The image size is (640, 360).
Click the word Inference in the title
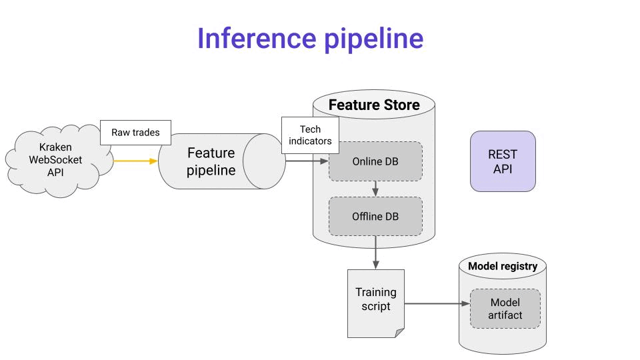(257, 39)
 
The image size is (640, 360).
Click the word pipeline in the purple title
(374, 40)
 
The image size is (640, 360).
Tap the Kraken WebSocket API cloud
(57, 161)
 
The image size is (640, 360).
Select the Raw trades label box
(135, 132)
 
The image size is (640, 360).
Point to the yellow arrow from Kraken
(135, 161)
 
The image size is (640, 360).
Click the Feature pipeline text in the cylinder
(211, 161)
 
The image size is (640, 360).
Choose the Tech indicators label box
(310, 135)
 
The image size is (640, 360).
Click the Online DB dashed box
(375, 161)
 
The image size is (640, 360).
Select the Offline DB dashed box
(375, 216)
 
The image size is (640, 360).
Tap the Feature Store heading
(374, 105)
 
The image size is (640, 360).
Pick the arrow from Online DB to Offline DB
(375, 189)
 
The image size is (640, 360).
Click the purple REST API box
(503, 161)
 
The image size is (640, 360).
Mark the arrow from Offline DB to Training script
(375, 252)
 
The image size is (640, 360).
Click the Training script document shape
(376, 303)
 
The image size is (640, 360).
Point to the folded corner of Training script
(399, 333)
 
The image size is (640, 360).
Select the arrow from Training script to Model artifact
(437, 304)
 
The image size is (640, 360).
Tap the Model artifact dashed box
(505, 309)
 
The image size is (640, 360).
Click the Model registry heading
(503, 266)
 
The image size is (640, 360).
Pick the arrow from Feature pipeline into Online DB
(307, 161)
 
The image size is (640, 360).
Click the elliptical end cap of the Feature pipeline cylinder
(264, 161)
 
